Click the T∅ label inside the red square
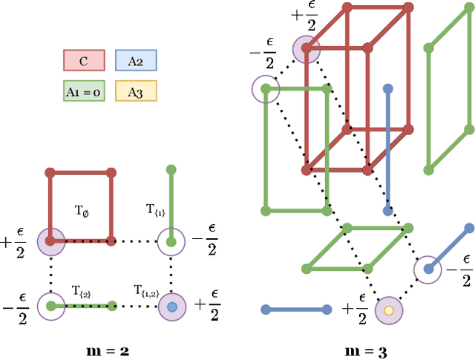pyautogui.click(x=81, y=211)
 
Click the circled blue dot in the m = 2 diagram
pyautogui.click(x=172, y=306)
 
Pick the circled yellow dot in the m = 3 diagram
pyautogui.click(x=387, y=310)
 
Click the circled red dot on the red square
pyautogui.click(x=50, y=241)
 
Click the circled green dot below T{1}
pyautogui.click(x=172, y=241)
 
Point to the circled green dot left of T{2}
pyautogui.click(x=50, y=305)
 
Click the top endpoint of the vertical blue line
pyautogui.click(x=387, y=89)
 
